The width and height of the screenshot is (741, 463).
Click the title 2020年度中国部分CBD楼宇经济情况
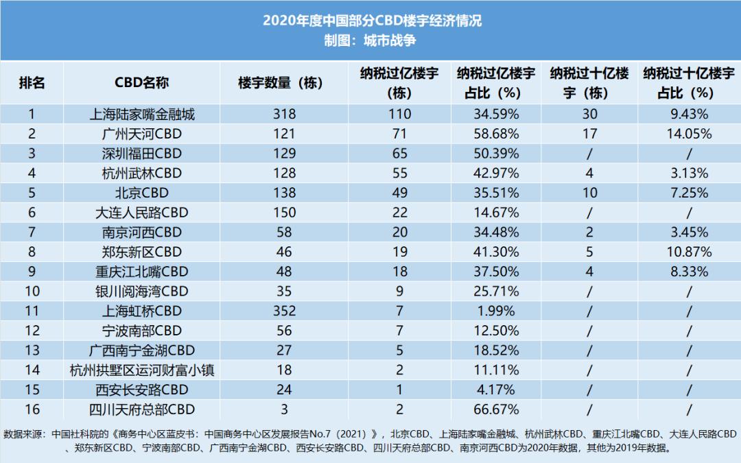pos(372,21)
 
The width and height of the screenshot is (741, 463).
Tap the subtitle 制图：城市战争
pos(370,40)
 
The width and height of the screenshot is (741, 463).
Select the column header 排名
pos(32,82)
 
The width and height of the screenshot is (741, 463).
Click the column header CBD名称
pos(141,82)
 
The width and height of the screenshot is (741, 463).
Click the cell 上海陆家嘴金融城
pos(142,115)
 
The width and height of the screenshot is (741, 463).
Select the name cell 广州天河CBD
pos(142,134)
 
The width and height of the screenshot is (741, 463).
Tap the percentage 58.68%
pos(496,134)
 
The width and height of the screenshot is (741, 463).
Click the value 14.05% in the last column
pos(689,134)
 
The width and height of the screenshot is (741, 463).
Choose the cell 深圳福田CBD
pos(142,154)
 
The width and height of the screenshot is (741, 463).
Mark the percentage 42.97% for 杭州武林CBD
pos(496,174)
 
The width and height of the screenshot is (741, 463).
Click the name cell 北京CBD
pos(142,193)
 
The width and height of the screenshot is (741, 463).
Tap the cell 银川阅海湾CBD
pos(142,292)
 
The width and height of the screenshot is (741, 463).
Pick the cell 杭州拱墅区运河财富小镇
pos(142,370)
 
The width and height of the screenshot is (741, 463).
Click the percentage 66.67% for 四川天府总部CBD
pos(496,409)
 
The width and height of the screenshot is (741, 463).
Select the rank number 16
pos(32,409)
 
